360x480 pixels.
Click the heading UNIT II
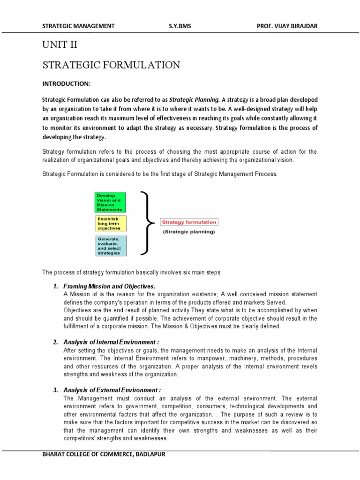pos(60,45)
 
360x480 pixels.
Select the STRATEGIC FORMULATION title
pos(111,65)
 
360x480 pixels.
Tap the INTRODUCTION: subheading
pos(66,83)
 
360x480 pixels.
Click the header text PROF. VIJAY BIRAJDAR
pos(287,26)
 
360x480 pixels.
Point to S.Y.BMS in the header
pos(180,26)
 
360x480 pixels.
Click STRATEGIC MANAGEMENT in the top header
pos(78,26)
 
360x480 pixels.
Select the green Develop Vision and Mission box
pos(109,202)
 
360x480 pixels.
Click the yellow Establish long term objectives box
pos(109,224)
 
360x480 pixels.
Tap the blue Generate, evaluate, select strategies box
pos(109,246)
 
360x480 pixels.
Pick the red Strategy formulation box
pos(188,222)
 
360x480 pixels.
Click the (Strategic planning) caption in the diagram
pos(188,232)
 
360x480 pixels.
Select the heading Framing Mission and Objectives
pos(109,286)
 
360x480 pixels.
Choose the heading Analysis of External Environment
pos(112,390)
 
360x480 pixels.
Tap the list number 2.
pos(55,342)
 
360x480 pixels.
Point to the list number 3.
pos(55,390)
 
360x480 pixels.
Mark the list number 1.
pos(55,286)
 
